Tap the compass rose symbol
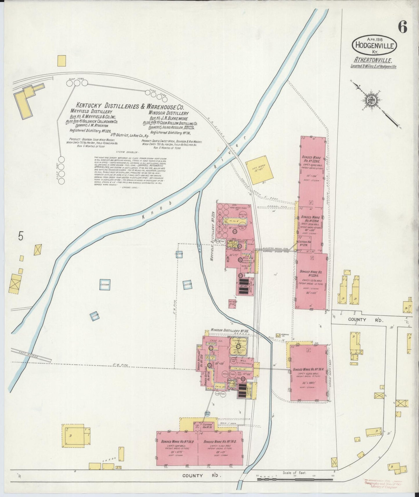pos(370,100)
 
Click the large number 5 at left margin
pos(20,236)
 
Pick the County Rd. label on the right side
pos(357,320)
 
